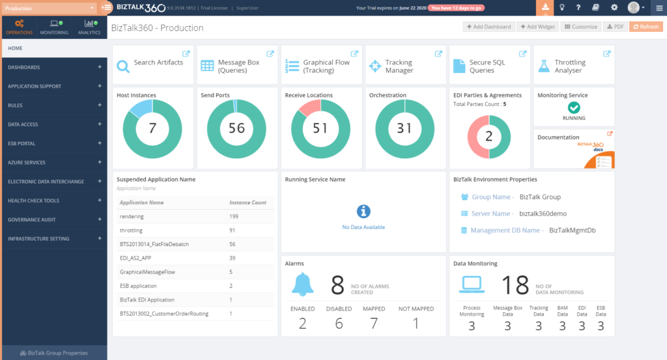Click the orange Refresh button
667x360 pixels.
coord(646,27)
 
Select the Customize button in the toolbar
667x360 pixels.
coord(580,27)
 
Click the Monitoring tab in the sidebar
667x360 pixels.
coord(53,27)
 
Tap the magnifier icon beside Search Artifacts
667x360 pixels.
coord(123,66)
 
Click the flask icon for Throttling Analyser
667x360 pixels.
coord(544,66)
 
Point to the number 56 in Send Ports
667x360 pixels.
coord(236,128)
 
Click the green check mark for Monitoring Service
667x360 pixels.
coord(574,107)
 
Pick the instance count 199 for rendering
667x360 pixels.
coord(234,216)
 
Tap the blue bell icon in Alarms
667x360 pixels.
coord(302,284)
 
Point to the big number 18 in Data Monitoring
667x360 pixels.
coord(515,285)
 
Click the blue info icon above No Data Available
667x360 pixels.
coord(363,212)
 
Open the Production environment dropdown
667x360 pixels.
coord(49,8)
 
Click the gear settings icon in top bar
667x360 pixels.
coord(614,7)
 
